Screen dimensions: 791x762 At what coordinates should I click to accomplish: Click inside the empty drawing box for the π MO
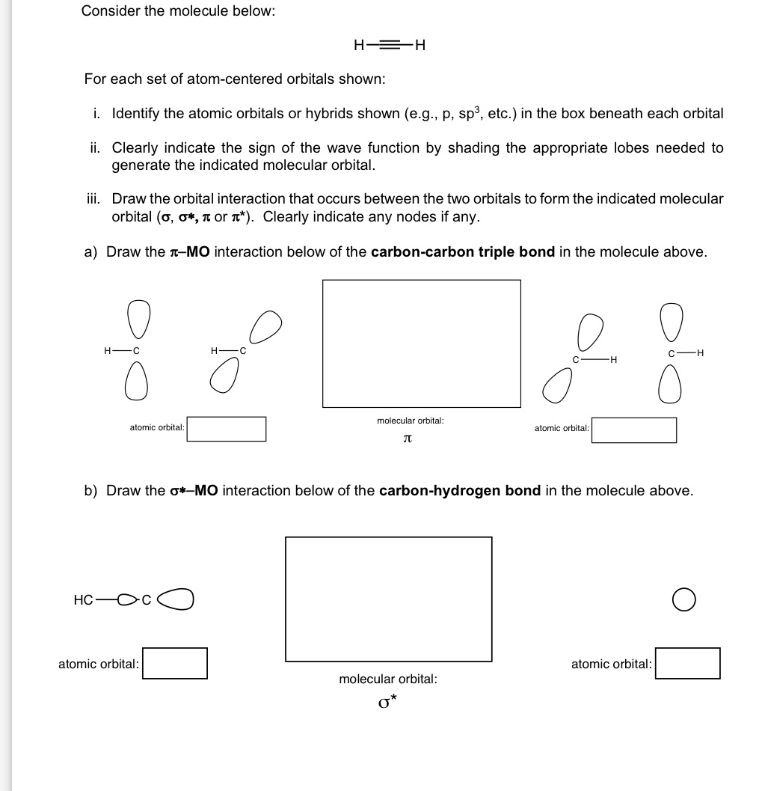click(421, 343)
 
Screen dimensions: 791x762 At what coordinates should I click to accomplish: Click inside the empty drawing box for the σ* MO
click(388, 599)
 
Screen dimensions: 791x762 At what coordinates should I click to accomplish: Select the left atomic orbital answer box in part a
click(226, 429)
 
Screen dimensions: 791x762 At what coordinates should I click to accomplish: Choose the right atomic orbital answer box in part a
click(634, 430)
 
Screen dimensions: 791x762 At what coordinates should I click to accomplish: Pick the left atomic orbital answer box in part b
click(175, 663)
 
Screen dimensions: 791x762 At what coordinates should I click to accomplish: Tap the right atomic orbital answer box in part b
click(688, 663)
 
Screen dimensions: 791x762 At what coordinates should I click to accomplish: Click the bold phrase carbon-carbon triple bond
click(463, 251)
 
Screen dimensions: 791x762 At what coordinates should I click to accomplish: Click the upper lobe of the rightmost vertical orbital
click(668, 323)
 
